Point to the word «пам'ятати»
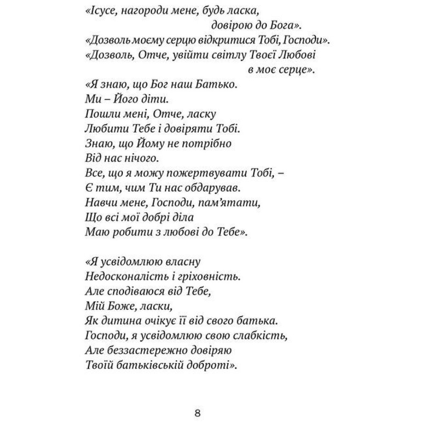(x=224, y=203)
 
